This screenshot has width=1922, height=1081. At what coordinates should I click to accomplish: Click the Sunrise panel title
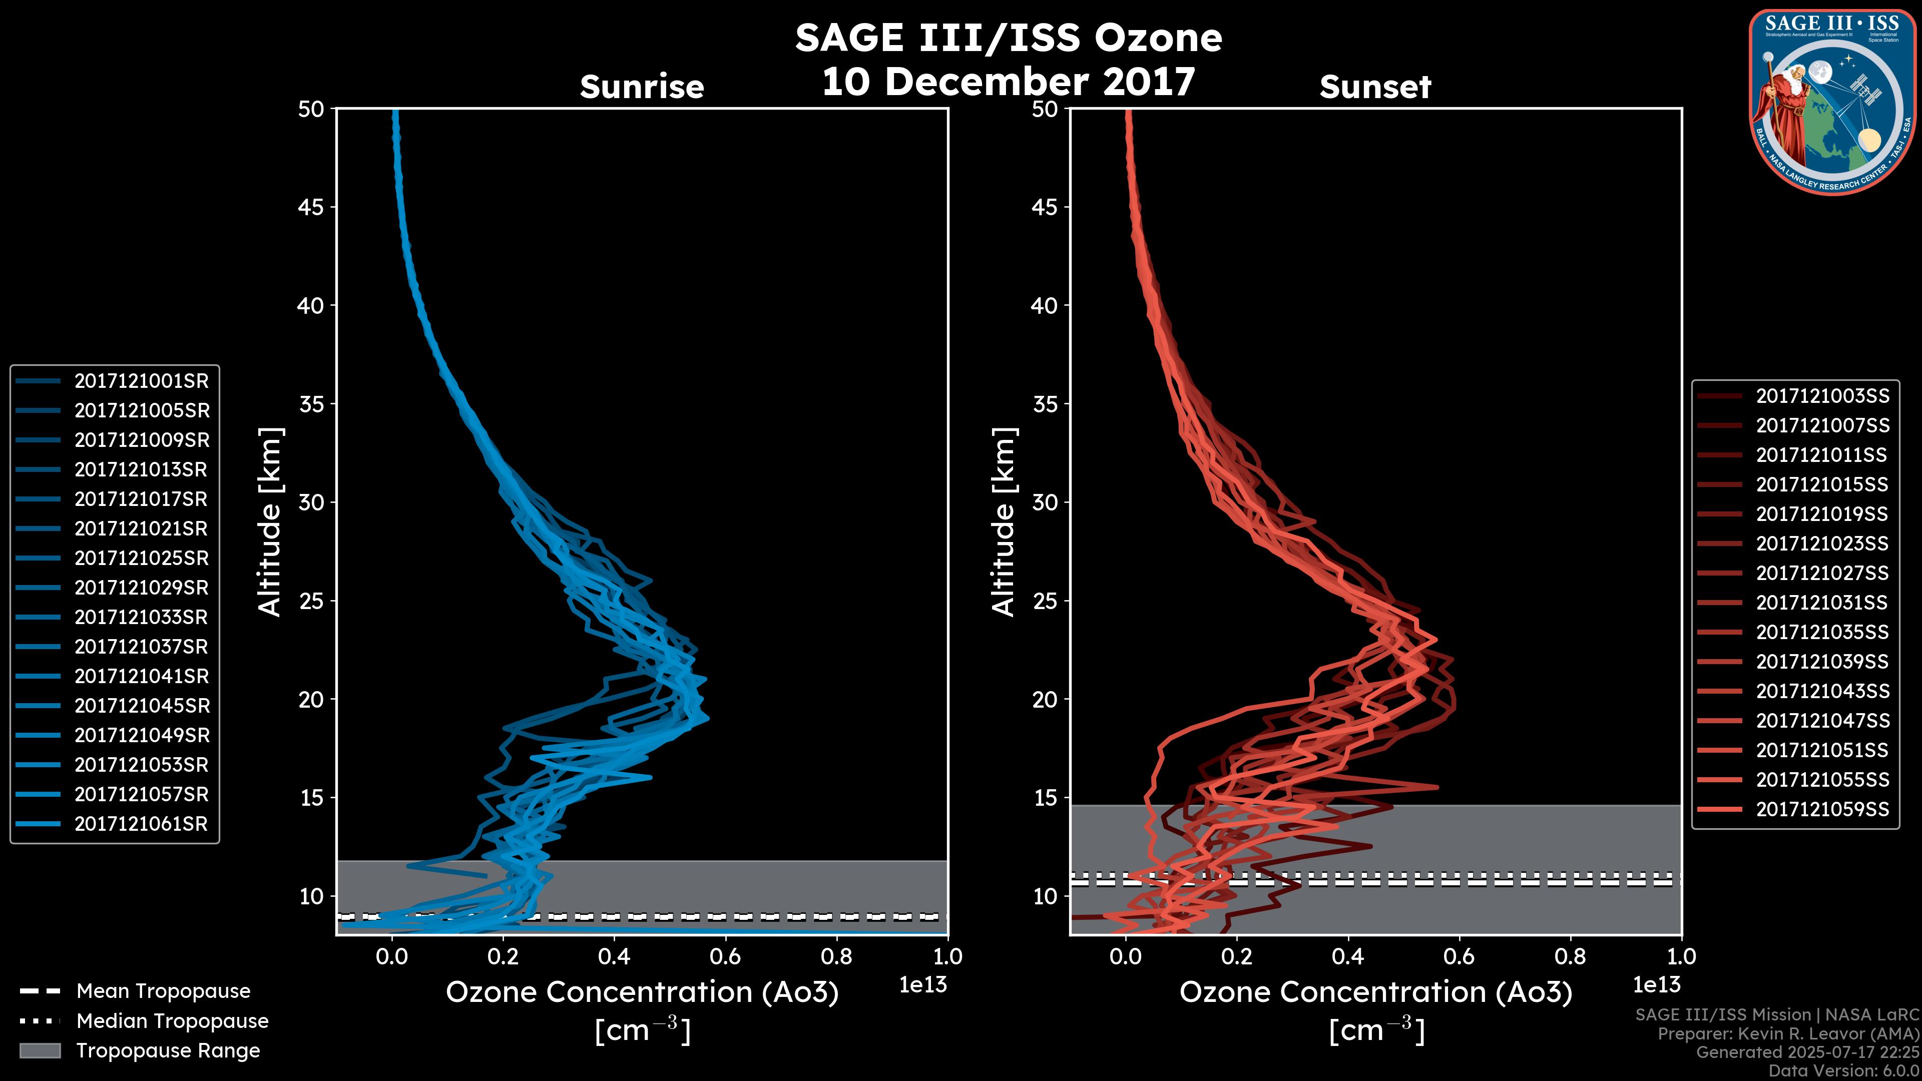(x=642, y=87)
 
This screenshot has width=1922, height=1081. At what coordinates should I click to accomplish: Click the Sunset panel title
(x=1375, y=87)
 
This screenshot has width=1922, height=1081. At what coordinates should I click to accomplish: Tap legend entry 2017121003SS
(x=1822, y=396)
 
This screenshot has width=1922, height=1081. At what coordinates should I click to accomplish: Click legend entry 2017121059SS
(x=1822, y=809)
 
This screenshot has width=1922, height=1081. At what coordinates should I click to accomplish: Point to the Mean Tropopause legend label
(x=163, y=991)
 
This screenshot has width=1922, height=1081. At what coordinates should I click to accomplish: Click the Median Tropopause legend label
(x=172, y=1021)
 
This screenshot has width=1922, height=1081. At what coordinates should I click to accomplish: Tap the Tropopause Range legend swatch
(x=40, y=1050)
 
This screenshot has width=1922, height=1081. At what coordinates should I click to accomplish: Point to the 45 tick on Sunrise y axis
(x=312, y=207)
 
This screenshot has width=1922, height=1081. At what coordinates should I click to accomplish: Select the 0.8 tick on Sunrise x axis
(x=836, y=956)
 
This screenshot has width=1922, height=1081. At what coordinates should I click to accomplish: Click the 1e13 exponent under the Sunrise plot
(x=923, y=985)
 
